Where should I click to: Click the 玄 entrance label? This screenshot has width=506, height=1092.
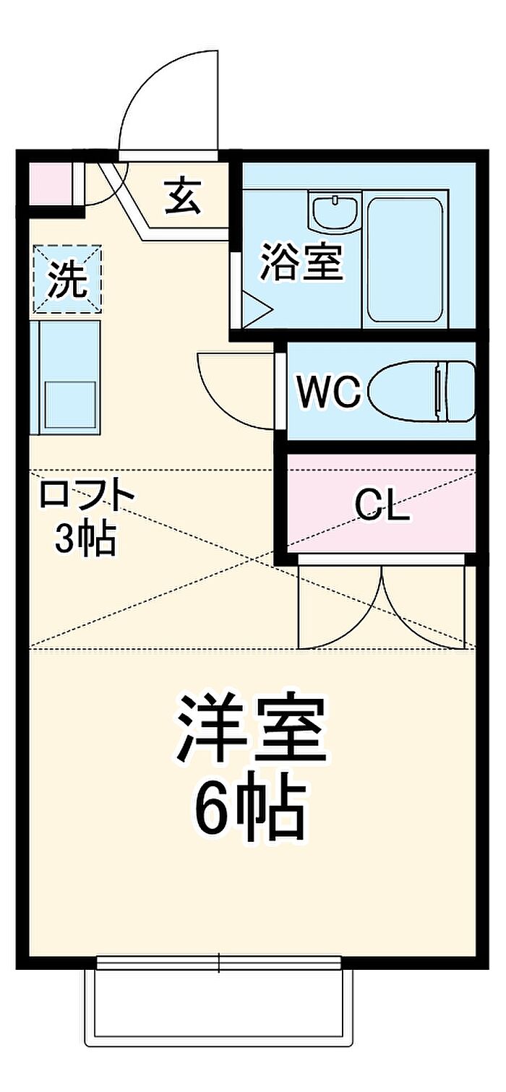[182, 197]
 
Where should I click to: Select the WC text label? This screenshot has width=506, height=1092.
[329, 392]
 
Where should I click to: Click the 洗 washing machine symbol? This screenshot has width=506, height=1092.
[67, 278]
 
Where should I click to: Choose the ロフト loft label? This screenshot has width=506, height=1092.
[87, 494]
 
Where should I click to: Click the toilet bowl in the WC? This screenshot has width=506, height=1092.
[422, 392]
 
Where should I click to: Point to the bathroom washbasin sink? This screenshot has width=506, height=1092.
[335, 210]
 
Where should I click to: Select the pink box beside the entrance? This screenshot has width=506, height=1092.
[51, 185]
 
